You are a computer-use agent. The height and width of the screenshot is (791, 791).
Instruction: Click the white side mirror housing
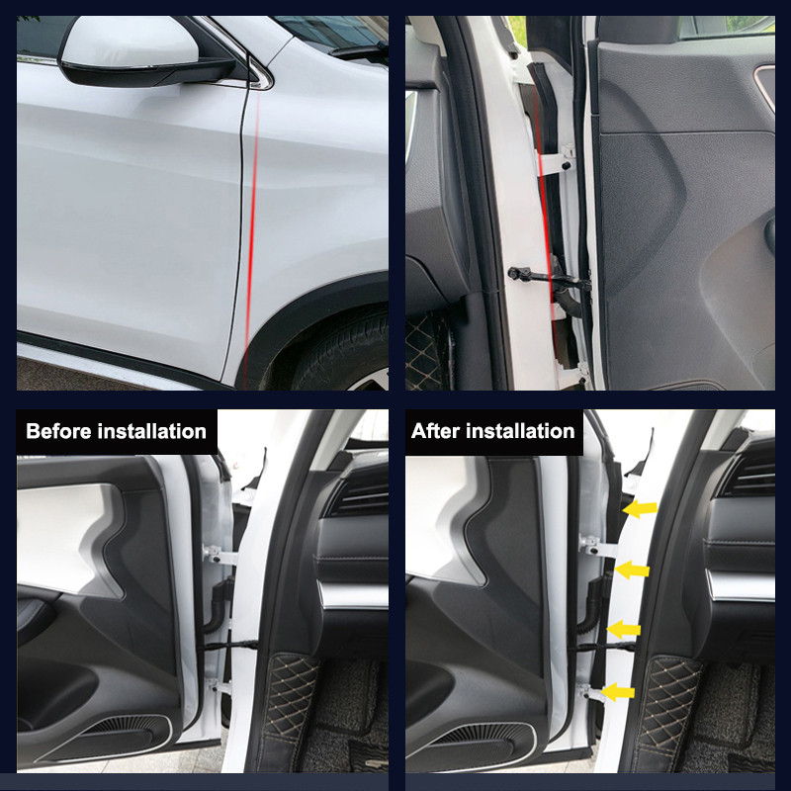(131, 42)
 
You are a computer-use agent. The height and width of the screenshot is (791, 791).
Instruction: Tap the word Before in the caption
(58, 431)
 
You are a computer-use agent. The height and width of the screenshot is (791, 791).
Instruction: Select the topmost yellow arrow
(640, 509)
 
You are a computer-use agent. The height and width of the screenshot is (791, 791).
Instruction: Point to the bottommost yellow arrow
(618, 691)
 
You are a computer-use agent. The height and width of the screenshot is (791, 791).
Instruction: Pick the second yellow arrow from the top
(632, 570)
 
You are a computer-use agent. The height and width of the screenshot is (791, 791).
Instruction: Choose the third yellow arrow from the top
(624, 629)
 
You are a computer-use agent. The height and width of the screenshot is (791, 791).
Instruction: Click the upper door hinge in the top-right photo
(556, 160)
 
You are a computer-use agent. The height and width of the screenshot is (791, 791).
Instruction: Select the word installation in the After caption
(520, 431)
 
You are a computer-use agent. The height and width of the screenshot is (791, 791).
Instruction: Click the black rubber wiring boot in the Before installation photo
(220, 604)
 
